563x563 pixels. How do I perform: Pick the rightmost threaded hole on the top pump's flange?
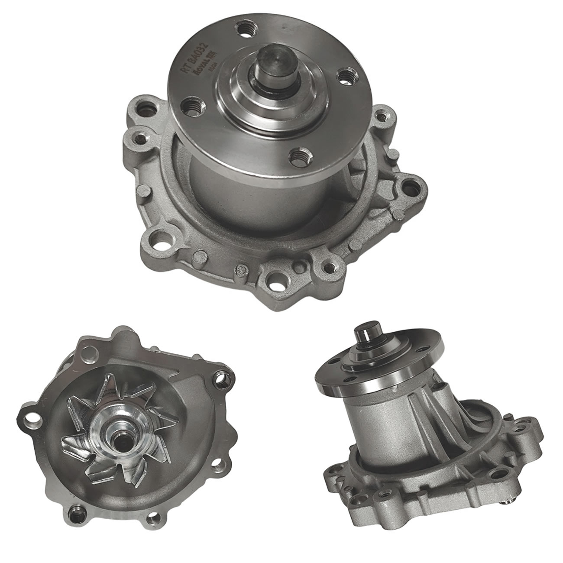coord(345,77)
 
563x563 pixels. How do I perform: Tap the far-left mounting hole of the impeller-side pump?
coord(29,418)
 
